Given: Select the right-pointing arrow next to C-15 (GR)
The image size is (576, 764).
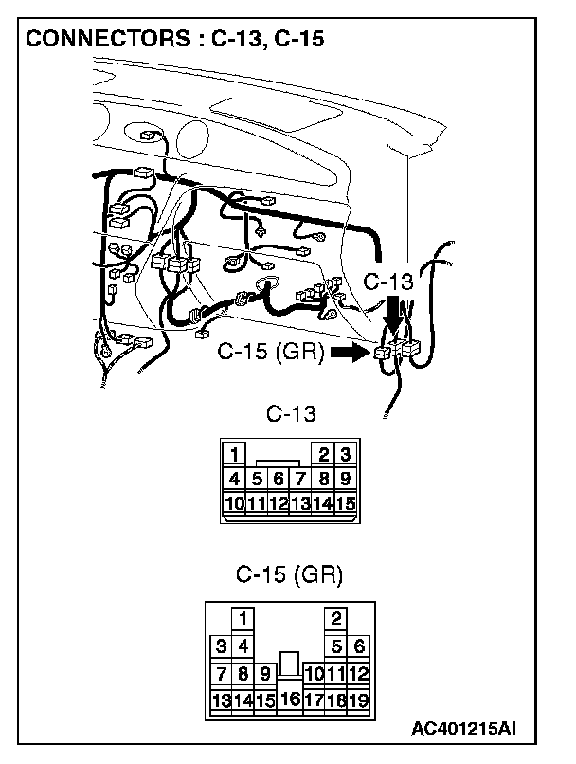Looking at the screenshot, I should click(350, 353).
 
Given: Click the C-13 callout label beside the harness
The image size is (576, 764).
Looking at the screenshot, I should click(388, 282).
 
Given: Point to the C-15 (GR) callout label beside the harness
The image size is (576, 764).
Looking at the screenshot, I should click(271, 353).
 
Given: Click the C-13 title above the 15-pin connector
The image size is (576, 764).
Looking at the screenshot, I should click(290, 414).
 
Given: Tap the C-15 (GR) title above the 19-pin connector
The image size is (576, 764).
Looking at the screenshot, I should click(289, 574).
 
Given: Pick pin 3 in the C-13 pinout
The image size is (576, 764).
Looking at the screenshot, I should click(346, 453).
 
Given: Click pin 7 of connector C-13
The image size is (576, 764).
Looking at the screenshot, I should click(301, 479).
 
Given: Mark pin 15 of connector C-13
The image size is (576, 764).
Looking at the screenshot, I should click(346, 502).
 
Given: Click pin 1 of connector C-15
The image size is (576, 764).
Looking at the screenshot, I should click(243, 618).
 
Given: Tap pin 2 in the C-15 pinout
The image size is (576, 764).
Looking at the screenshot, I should click(336, 618).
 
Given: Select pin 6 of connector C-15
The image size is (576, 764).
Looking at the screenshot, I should click(359, 646).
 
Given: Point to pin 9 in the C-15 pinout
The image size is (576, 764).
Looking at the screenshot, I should click(266, 674).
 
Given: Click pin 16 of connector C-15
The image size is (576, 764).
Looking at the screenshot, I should click(290, 700).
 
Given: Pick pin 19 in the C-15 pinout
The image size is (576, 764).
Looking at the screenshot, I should click(359, 701).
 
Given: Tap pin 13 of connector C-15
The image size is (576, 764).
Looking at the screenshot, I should click(221, 701).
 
